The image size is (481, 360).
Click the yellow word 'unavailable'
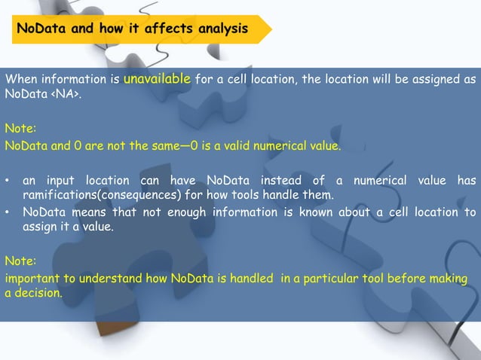tap(157, 79)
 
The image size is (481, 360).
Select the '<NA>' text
tap(63, 95)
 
